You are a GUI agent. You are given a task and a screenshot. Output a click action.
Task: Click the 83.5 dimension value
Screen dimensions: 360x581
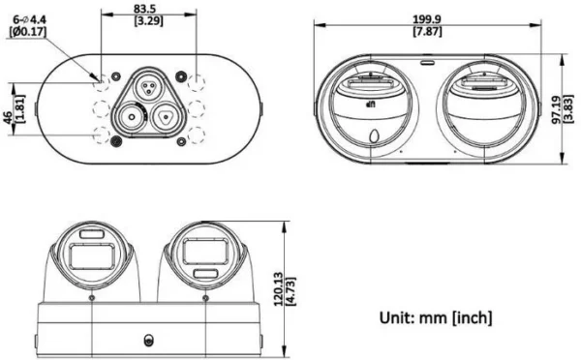pos(148,8)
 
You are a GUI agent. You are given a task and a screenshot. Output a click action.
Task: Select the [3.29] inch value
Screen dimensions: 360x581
pos(148,20)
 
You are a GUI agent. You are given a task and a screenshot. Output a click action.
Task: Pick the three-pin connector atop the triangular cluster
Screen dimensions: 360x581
pos(149,85)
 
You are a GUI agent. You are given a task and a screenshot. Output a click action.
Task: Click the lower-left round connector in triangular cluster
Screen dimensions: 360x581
pos(131,119)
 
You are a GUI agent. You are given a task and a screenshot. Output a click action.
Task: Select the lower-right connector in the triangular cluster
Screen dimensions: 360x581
pos(166,117)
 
